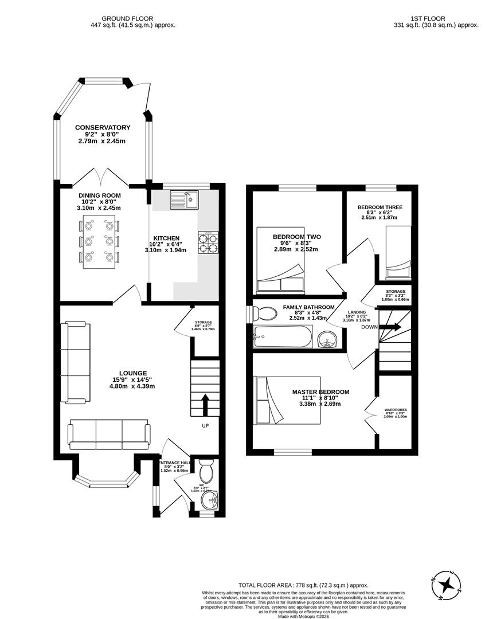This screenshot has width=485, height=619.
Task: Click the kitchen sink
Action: point(184,199)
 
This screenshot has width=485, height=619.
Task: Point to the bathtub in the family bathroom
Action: point(283,338)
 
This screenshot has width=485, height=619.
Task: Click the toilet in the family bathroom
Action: point(265,314)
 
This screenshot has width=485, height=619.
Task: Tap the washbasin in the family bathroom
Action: point(328,339)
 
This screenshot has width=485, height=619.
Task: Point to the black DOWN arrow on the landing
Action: point(393,327)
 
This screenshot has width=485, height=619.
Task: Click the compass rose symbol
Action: point(448,584)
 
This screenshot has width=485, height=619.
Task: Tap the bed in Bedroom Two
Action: point(280,261)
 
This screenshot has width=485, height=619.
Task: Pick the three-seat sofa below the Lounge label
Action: point(109,434)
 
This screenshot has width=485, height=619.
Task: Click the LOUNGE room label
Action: point(132,373)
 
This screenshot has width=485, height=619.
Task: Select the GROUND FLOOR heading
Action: point(133,18)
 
